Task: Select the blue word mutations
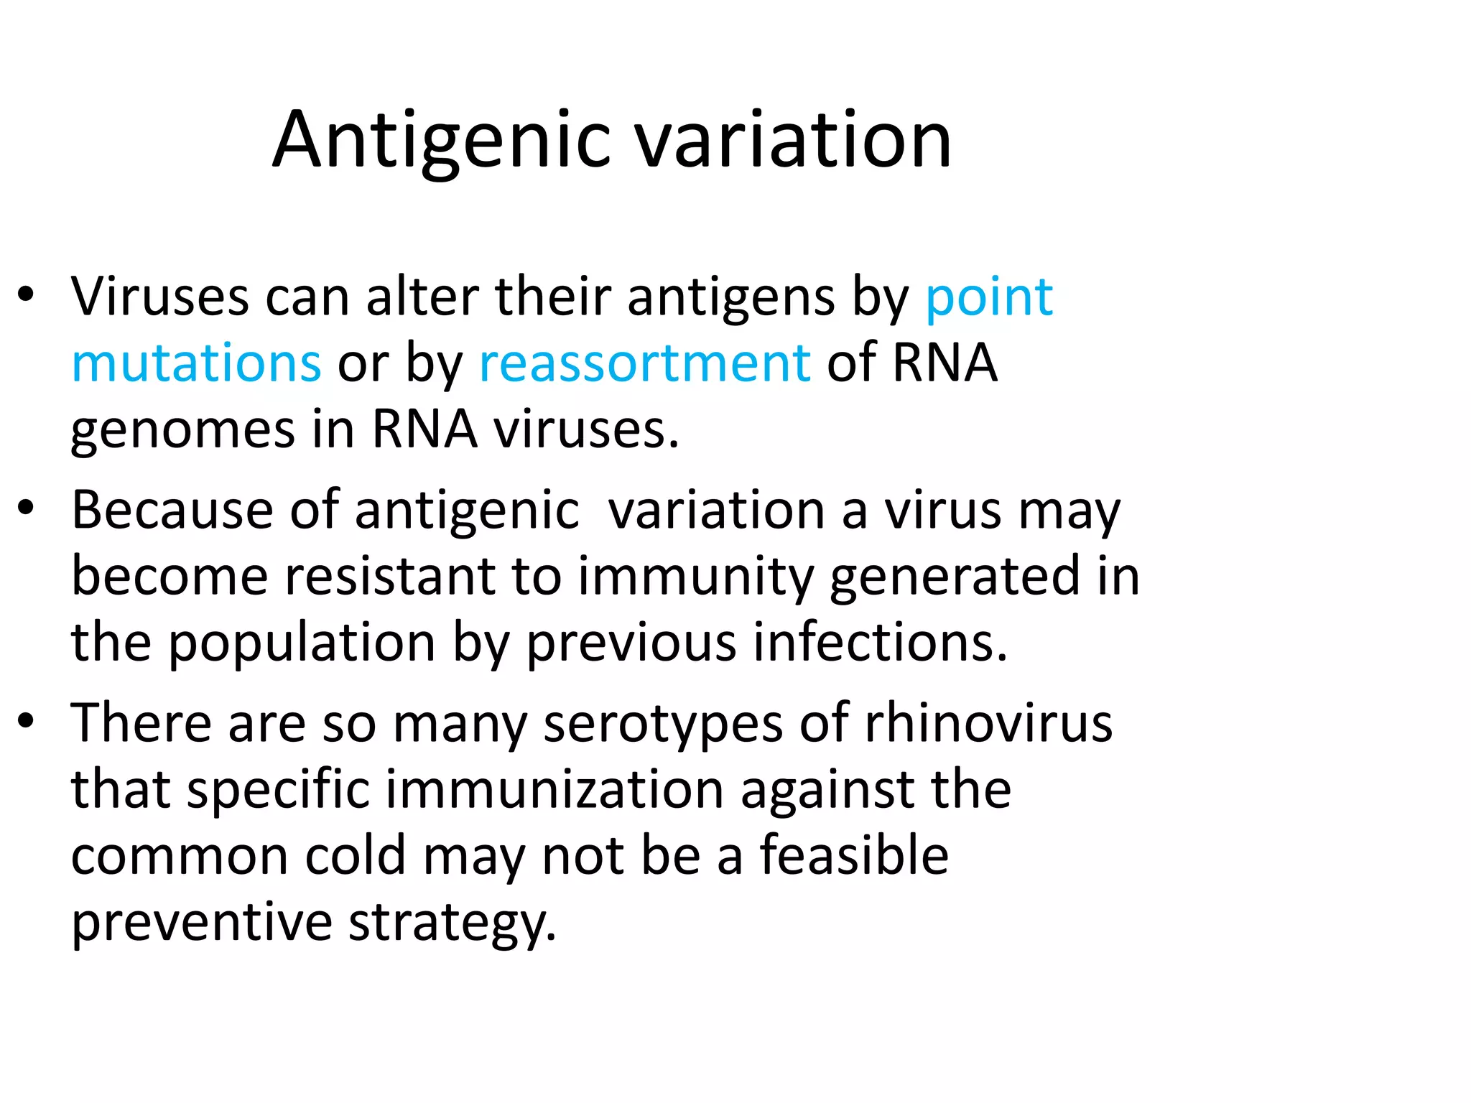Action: click(196, 363)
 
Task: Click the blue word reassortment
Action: click(644, 363)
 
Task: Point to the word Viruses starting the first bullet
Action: click(159, 297)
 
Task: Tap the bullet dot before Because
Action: click(27, 508)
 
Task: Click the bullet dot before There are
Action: click(27, 721)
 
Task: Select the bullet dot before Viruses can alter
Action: click(27, 294)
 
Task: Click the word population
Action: click(302, 643)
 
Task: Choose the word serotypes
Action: click(662, 725)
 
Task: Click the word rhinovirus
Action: click(988, 723)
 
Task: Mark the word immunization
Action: click(554, 790)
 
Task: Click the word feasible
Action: click(854, 856)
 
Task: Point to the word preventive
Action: click(201, 923)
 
